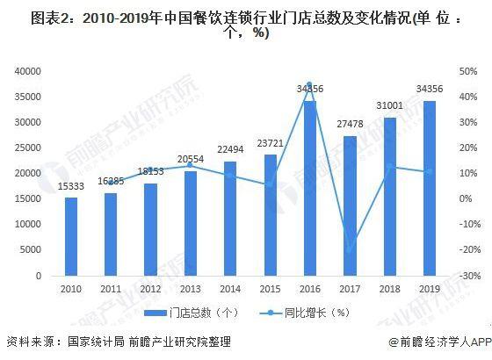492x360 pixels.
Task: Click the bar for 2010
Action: click(x=71, y=236)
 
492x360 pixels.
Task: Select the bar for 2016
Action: click(x=309, y=188)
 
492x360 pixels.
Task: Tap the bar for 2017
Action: click(x=350, y=205)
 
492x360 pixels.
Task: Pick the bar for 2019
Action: click(x=429, y=188)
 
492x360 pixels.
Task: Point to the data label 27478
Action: click(x=350, y=126)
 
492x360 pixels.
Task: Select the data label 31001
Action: click(x=389, y=107)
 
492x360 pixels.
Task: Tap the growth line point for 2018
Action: click(x=389, y=167)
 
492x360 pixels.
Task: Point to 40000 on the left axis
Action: click(x=30, y=70)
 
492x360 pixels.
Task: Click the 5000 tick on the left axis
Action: click(x=33, y=250)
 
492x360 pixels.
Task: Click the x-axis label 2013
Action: click(x=191, y=287)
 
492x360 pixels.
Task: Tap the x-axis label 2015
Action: click(x=270, y=287)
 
